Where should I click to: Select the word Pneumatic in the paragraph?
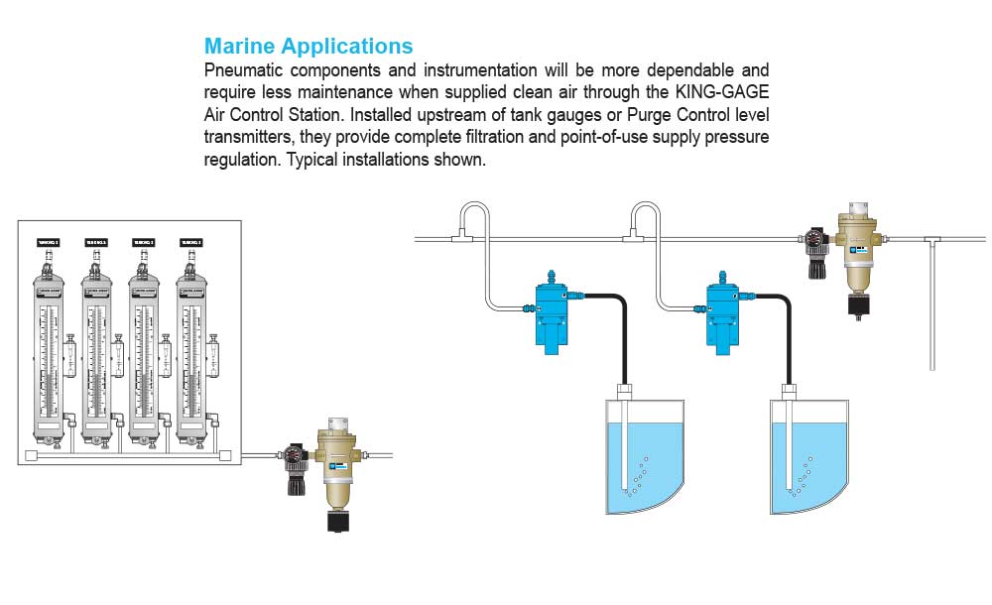click(x=247, y=71)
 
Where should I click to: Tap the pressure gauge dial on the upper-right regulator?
click(x=815, y=238)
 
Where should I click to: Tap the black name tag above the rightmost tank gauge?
click(x=191, y=242)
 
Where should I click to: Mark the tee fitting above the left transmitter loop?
click(x=460, y=238)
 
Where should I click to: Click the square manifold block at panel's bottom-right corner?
click(x=224, y=456)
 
